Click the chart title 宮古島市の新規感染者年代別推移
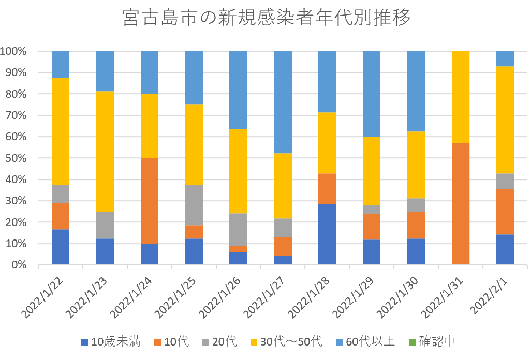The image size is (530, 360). tap(267, 18)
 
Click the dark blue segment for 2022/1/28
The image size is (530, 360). tap(327, 234)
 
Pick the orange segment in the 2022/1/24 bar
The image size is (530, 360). tap(150, 201)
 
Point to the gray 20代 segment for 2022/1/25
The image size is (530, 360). tap(194, 205)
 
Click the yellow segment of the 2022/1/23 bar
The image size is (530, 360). tap(105, 151)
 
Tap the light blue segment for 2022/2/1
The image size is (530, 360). tap(505, 58)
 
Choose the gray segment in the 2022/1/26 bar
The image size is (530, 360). tap(239, 229)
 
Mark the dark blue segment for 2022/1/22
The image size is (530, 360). tap(61, 247)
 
